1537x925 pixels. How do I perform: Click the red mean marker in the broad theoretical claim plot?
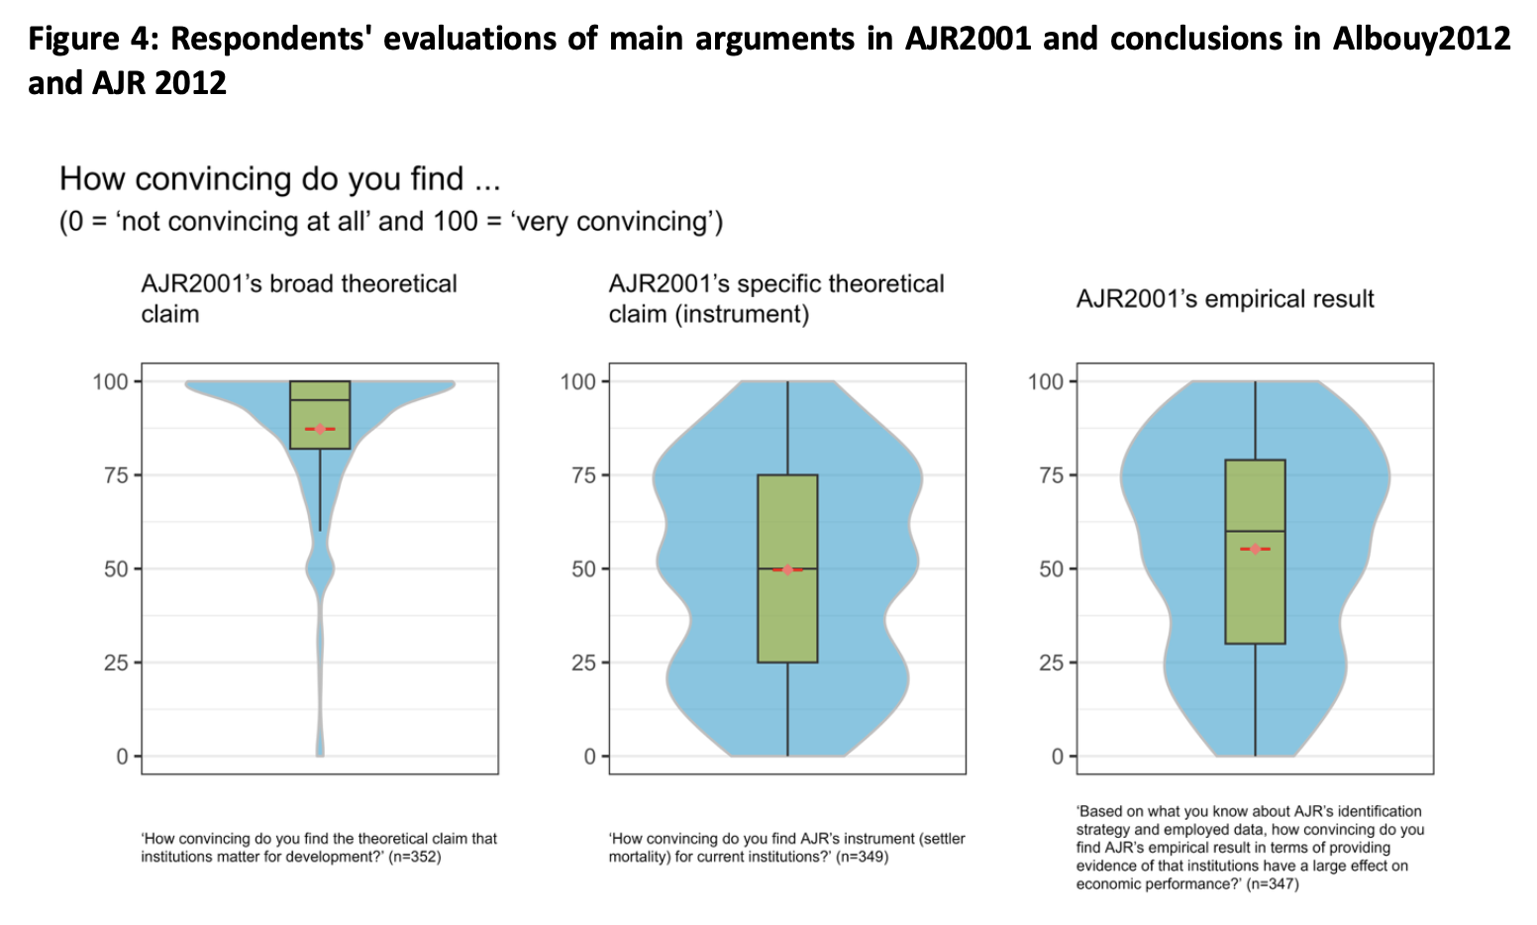pos(320,429)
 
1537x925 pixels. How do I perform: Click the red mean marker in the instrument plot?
pos(787,569)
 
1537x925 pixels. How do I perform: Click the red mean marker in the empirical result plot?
pos(1255,549)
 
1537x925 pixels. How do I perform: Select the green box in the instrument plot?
pos(787,614)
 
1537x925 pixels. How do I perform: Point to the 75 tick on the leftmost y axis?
pos(116,475)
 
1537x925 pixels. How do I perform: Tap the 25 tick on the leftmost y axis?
pos(116,663)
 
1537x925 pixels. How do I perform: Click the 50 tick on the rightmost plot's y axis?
pos(1051,568)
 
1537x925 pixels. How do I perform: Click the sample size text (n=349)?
pos(862,857)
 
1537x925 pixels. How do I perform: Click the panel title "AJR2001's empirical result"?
pos(1225,299)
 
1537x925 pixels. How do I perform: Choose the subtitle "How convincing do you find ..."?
pos(279,179)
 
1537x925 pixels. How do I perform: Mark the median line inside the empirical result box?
pos(1255,531)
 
